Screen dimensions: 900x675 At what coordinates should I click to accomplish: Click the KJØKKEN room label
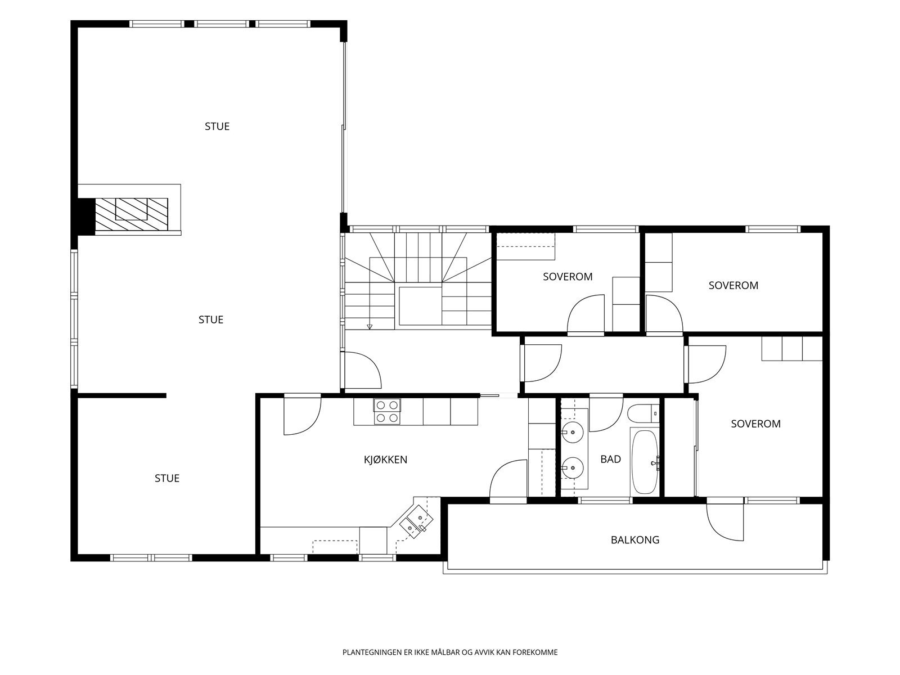click(385, 460)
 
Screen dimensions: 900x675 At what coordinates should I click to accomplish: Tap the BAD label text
click(610, 460)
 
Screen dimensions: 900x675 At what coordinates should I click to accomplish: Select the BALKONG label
click(634, 540)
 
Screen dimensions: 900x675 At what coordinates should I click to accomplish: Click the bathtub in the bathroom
click(645, 462)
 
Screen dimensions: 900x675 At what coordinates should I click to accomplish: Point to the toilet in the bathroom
click(643, 414)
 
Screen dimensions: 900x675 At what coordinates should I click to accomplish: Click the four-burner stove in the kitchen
click(386, 412)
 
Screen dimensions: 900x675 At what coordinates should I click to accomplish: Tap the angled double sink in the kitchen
click(416, 522)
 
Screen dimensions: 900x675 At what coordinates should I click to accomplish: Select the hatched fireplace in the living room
click(131, 214)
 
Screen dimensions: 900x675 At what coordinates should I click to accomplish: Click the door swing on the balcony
click(724, 522)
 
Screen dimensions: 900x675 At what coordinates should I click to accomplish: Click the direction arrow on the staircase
click(370, 327)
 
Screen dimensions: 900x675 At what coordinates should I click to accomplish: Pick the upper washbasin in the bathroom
click(573, 433)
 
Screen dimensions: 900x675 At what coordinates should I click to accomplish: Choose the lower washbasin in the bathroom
click(573, 467)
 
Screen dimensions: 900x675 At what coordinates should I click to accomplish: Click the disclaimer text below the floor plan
click(450, 652)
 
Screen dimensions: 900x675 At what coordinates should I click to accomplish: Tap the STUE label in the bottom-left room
click(167, 478)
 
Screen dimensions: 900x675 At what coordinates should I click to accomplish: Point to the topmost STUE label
click(217, 126)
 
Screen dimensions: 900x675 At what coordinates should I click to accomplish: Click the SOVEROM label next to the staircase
click(568, 277)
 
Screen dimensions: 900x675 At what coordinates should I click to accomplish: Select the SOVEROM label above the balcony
click(755, 424)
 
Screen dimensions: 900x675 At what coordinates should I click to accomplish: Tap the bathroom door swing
click(606, 415)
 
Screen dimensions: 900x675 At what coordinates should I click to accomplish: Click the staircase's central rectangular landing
click(420, 306)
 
